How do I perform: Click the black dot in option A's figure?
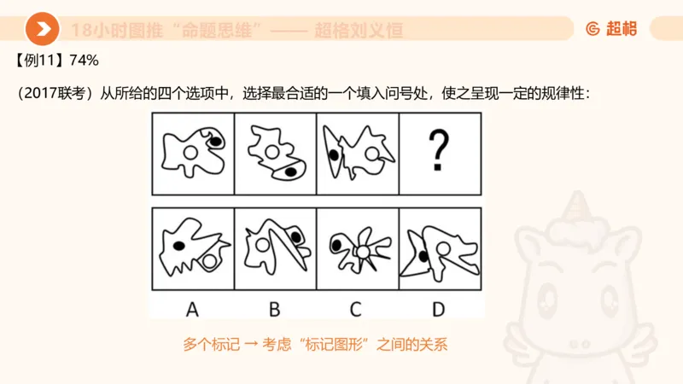[x=179, y=246]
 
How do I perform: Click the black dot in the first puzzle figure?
[x=216, y=141]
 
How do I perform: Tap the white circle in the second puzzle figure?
[x=272, y=152]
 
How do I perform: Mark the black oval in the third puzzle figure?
[x=331, y=155]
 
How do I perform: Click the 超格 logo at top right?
[x=611, y=29]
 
